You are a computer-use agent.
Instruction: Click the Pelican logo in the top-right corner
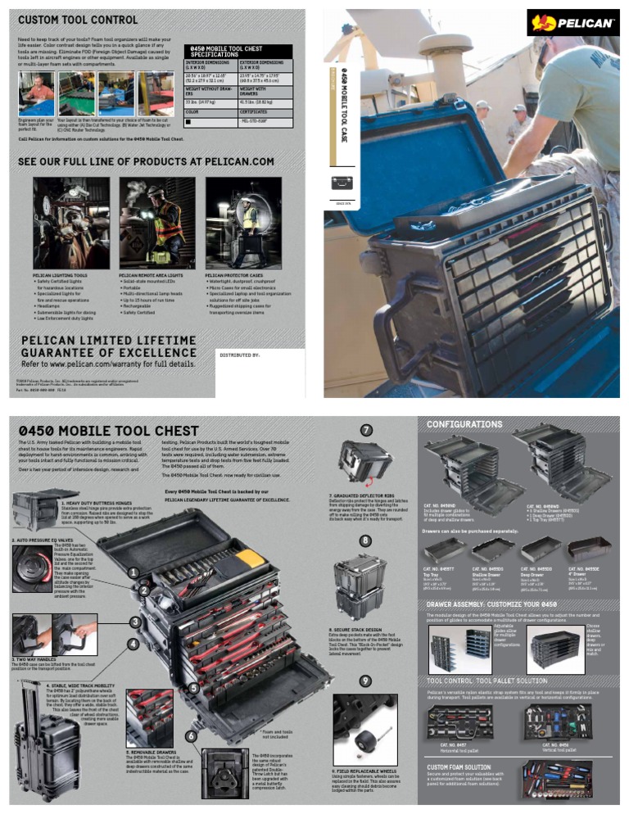[572, 22]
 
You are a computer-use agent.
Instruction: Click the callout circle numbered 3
[133, 622]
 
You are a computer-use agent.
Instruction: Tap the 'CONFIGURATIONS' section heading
[464, 424]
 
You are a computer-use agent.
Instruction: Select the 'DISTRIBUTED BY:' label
[239, 355]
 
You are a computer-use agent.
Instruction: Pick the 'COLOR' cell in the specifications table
[193, 111]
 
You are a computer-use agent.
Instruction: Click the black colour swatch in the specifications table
[189, 121]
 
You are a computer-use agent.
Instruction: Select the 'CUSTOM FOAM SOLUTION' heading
[459, 767]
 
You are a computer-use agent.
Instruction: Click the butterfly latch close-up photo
[223, 771]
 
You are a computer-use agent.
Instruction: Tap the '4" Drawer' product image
[590, 549]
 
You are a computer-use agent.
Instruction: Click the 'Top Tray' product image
[445, 549]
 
